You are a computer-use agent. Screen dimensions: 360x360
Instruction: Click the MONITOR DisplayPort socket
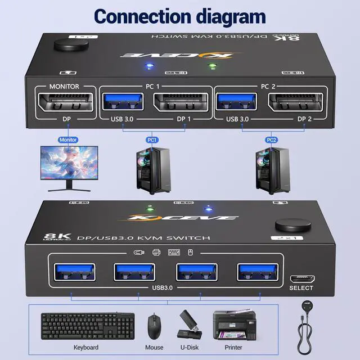pyautogui.click(x=64, y=102)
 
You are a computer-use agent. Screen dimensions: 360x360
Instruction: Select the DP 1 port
pyautogui.click(x=178, y=102)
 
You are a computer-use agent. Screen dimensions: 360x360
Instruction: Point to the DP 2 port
pyautogui.click(x=296, y=102)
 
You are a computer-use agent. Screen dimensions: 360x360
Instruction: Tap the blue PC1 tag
pyautogui.click(x=152, y=139)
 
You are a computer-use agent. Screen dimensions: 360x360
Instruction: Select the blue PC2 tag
pyautogui.click(x=271, y=139)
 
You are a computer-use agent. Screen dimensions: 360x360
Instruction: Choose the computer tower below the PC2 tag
pyautogui.click(x=271, y=169)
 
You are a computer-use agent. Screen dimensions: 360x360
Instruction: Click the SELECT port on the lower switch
pyautogui.click(x=301, y=278)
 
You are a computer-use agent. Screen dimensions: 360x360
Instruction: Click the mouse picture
pyautogui.click(x=154, y=326)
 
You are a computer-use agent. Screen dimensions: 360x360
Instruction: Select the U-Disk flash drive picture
pyautogui.click(x=188, y=325)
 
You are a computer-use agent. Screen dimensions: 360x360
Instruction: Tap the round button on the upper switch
pyautogui.click(x=61, y=45)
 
